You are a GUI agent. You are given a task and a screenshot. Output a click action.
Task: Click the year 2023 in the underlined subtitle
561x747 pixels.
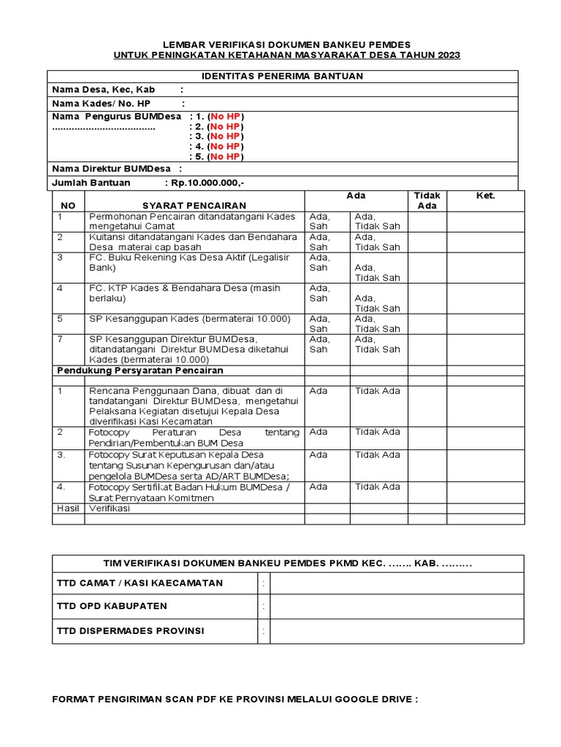pyautogui.click(x=448, y=55)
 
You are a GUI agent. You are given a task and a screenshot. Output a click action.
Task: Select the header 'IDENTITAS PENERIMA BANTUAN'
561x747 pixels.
pyautogui.click(x=282, y=77)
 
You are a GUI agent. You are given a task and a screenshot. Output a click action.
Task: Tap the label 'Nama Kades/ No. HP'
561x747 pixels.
pyautogui.click(x=101, y=103)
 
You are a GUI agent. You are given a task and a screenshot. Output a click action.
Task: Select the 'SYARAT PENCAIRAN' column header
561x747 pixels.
pyautogui.click(x=194, y=206)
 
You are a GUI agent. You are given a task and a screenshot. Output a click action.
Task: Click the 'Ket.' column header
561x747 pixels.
pyautogui.click(x=485, y=196)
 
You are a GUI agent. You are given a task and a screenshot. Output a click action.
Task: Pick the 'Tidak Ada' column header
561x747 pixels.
pyautogui.click(x=427, y=201)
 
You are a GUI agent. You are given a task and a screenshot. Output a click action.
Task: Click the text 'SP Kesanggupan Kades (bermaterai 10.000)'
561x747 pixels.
pyautogui.click(x=190, y=319)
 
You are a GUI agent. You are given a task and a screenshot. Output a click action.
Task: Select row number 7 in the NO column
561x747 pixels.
pyautogui.click(x=61, y=339)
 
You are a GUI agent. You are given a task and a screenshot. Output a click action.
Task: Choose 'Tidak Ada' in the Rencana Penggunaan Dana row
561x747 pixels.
pyautogui.click(x=378, y=391)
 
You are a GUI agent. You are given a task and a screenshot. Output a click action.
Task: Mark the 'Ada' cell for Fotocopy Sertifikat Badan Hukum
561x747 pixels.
pyautogui.click(x=318, y=487)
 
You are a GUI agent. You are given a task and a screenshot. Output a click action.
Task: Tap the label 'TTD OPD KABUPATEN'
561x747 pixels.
pyautogui.click(x=112, y=606)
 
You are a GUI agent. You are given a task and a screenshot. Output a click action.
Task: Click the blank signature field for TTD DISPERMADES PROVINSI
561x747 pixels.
pyautogui.click(x=396, y=631)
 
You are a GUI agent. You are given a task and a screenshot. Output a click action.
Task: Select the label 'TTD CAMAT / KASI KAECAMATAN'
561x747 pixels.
pyautogui.click(x=140, y=583)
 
